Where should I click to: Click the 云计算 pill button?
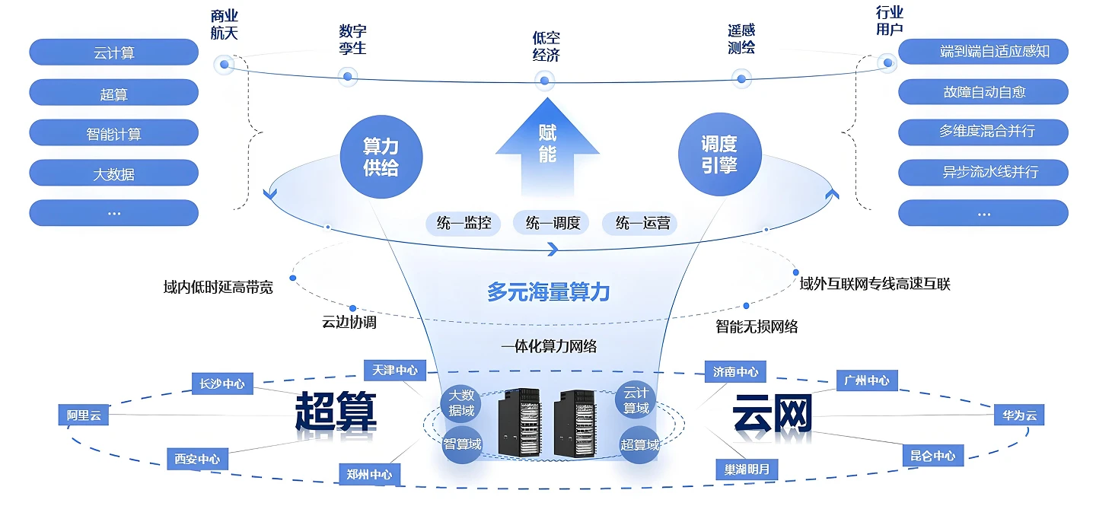coord(113,53)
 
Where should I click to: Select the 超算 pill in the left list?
coord(113,93)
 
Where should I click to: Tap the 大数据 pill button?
coord(113,173)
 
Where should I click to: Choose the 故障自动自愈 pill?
coord(983,92)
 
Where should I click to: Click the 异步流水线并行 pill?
coord(983,173)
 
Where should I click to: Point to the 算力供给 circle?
coord(381,157)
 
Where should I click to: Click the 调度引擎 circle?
coord(718,154)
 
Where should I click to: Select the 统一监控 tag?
coord(464,223)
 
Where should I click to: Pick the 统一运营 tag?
coord(642,223)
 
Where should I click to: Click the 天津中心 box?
coord(394,371)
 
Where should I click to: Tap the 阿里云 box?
coord(84,415)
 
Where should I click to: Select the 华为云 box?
coord(1019,415)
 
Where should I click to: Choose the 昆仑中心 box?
coord(932,456)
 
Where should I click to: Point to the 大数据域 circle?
coord(461,403)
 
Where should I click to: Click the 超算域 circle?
coord(639,444)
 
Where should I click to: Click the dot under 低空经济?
coord(543,80)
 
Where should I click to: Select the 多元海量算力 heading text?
coord(548,291)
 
